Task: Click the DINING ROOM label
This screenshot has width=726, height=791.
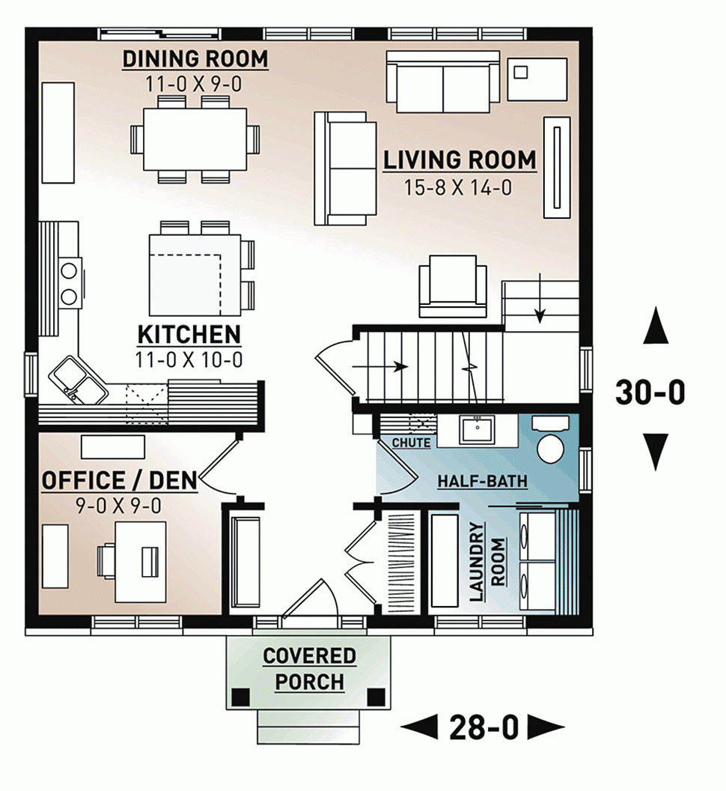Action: tap(195, 59)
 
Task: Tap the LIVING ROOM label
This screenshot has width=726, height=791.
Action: tap(460, 160)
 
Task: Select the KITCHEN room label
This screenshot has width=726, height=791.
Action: tap(189, 334)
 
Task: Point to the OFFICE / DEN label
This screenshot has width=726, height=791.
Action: tap(119, 480)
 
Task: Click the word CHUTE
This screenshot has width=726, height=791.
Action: tap(412, 443)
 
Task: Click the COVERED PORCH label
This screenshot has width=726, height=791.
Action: tap(309, 669)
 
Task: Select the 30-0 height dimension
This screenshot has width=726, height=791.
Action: tap(650, 392)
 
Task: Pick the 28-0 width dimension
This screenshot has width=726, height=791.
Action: tap(483, 727)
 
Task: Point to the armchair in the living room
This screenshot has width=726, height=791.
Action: tap(448, 285)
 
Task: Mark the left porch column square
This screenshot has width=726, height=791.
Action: tap(240, 697)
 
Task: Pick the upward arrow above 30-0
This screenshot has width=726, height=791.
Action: tap(656, 326)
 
